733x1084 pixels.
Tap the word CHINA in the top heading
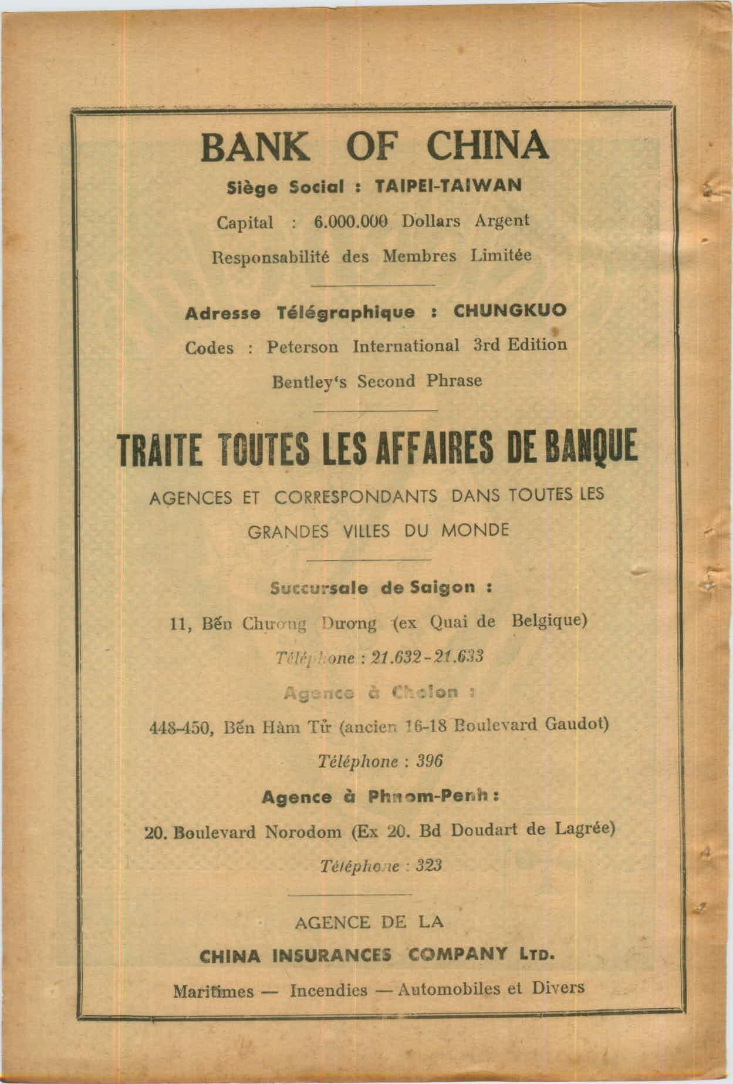[487, 146]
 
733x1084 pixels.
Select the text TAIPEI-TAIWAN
[448, 186]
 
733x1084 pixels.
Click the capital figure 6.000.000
[352, 221]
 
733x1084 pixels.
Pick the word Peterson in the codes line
[302, 346]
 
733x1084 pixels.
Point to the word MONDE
[475, 531]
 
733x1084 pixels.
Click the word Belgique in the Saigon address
[549, 620]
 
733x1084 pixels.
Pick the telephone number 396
[429, 761]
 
